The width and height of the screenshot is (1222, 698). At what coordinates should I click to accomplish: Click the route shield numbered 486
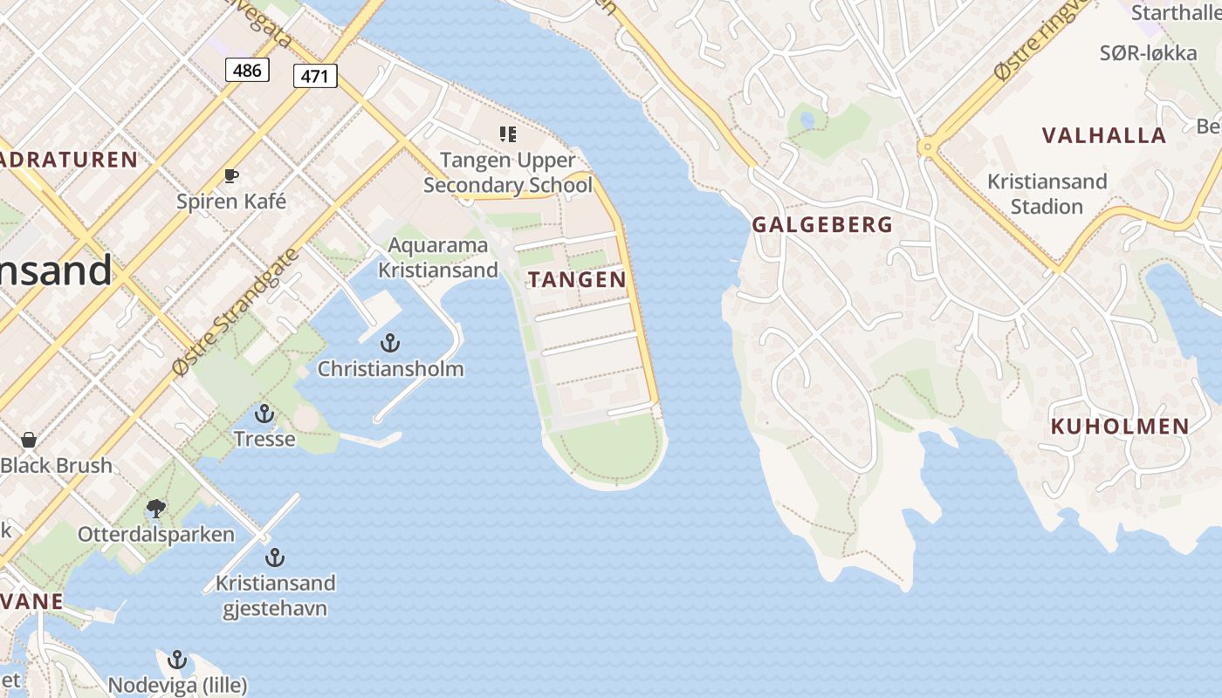pos(247,70)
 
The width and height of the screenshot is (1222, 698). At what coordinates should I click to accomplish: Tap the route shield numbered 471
pos(314,76)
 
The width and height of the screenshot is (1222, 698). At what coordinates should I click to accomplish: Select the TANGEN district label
pos(577,279)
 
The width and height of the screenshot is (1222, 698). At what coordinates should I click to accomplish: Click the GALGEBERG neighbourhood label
pos(822,224)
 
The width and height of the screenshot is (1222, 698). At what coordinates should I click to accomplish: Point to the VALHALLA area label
pos(1103,135)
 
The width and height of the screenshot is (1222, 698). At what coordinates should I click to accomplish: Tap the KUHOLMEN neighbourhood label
pos(1119,427)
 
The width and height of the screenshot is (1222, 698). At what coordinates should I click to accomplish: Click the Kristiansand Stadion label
pos(1047,194)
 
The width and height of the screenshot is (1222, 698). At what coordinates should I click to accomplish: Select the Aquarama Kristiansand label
pos(437,257)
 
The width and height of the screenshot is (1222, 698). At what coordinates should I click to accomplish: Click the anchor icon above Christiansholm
pos(390,343)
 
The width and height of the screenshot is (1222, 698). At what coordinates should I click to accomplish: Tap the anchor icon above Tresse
pos(264,414)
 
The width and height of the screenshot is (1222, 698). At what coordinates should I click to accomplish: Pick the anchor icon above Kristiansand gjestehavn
pos(275,558)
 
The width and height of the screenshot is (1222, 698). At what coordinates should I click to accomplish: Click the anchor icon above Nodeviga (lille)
pos(177,660)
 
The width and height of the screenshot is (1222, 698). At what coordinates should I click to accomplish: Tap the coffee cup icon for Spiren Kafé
pos(231,176)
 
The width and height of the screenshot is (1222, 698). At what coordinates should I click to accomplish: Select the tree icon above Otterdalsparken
pos(156,508)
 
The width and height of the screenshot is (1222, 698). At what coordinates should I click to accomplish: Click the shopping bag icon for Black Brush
pos(29,440)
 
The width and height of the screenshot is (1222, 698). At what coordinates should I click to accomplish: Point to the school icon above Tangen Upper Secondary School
pos(507,134)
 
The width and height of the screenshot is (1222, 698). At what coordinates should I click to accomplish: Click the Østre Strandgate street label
pos(235,311)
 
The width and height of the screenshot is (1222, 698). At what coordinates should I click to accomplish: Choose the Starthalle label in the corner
pos(1175,13)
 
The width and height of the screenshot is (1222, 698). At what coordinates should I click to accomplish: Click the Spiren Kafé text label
pos(231,202)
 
